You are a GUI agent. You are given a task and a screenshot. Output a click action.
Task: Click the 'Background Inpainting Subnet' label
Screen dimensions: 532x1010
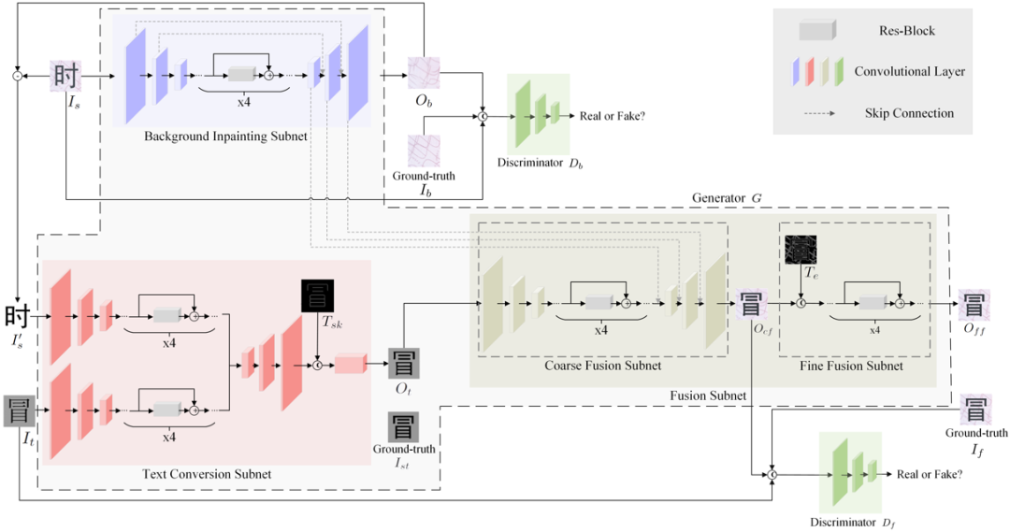click(225, 137)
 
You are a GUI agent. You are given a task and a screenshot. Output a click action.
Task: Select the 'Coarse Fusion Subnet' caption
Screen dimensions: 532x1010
click(602, 366)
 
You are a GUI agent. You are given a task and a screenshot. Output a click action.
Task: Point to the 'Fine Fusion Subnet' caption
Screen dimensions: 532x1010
click(851, 366)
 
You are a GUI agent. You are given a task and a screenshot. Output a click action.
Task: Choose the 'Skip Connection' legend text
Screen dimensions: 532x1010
click(909, 113)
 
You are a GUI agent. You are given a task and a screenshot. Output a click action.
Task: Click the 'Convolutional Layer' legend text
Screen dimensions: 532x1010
click(909, 71)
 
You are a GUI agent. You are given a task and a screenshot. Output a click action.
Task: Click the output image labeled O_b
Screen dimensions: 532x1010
click(423, 73)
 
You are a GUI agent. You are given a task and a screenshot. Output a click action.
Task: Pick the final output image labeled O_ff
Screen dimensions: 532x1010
click(973, 305)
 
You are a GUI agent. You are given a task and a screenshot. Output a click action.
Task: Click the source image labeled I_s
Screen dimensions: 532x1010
click(67, 75)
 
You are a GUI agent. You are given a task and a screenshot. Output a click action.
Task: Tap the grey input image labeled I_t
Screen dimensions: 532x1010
click(20, 411)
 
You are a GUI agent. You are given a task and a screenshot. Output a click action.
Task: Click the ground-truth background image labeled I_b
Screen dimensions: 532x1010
click(423, 151)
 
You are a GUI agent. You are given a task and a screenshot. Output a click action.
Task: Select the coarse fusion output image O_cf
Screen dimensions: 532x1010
click(752, 305)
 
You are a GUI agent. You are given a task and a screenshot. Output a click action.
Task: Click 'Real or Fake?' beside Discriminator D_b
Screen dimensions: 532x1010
click(613, 115)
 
